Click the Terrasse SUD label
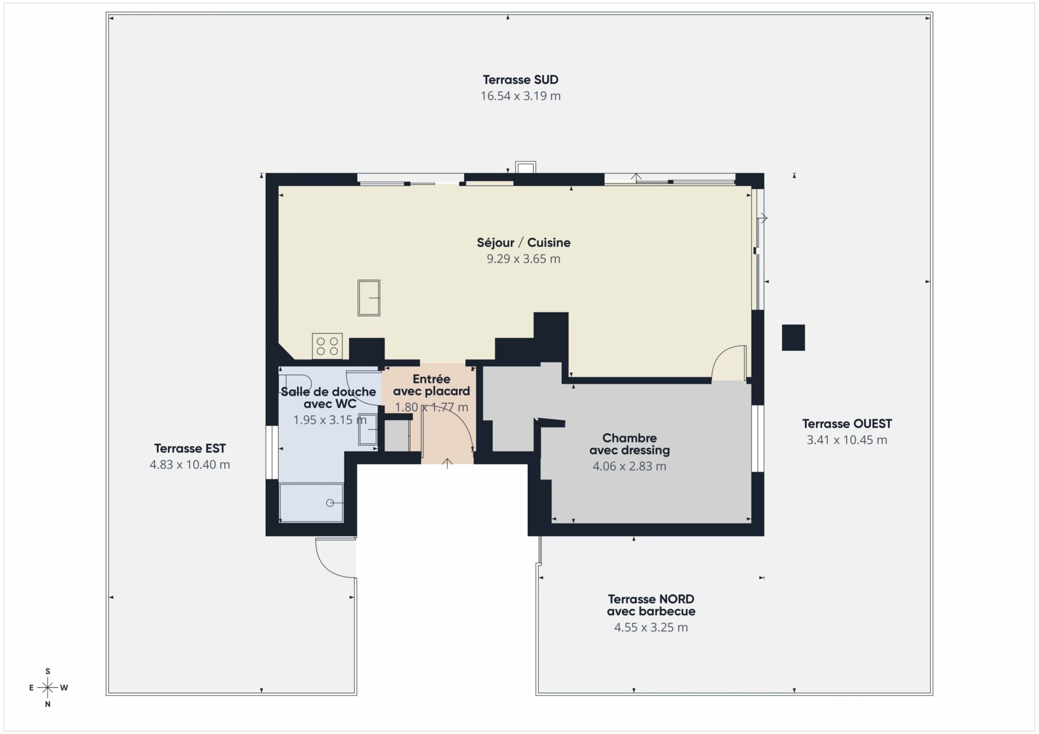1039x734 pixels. (x=521, y=80)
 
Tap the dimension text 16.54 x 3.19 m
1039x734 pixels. (x=521, y=96)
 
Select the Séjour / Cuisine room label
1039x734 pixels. (x=524, y=242)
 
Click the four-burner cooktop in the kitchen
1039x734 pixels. (x=327, y=346)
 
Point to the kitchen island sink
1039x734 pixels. (x=369, y=298)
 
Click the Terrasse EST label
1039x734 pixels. (x=190, y=448)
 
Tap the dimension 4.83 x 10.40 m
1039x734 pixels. (x=190, y=464)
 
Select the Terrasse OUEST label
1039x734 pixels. (x=847, y=424)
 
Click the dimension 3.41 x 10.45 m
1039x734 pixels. (x=847, y=440)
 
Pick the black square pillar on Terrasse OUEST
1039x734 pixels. (x=793, y=338)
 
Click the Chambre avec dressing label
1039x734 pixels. (x=630, y=444)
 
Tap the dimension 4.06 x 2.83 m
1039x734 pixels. (x=630, y=466)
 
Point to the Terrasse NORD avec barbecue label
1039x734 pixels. (x=651, y=605)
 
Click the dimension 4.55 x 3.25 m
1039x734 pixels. (x=651, y=628)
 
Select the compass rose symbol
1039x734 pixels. (x=48, y=687)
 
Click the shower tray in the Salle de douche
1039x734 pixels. (x=311, y=503)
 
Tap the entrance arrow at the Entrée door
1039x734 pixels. (x=447, y=463)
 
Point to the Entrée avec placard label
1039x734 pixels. (x=431, y=385)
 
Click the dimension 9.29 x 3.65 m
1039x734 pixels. (x=524, y=259)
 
